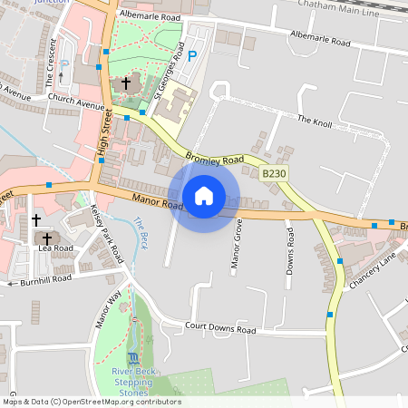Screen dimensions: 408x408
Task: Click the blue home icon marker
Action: coord(204,195)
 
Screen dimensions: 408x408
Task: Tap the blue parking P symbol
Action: coord(191,56)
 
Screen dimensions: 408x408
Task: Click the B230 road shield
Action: coord(274,172)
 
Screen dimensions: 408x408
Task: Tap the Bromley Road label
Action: coord(215,159)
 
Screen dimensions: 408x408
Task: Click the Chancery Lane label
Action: coord(372,270)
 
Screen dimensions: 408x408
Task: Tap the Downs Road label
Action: coord(290,250)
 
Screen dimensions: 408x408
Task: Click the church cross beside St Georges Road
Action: coord(125,83)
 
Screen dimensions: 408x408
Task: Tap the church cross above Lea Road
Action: coord(36,220)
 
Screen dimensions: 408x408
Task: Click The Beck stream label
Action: coord(141,233)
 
